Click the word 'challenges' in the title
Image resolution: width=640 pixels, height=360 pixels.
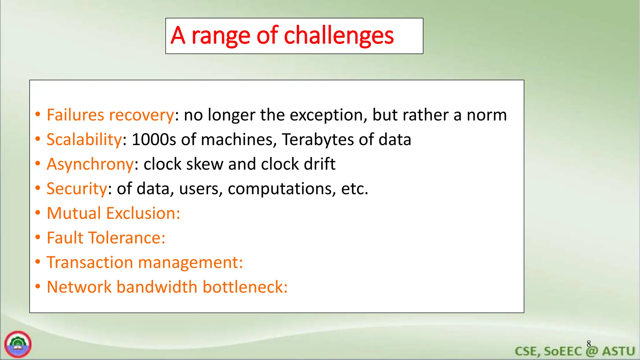339,36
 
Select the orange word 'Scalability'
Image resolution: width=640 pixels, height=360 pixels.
84,139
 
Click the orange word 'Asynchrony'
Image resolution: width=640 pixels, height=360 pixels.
90,164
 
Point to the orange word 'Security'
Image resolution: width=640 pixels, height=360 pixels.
77,189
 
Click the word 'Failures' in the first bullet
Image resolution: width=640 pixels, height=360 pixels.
75,115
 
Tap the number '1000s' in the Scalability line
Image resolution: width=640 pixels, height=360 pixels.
154,139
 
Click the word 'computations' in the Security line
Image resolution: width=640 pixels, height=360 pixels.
280,189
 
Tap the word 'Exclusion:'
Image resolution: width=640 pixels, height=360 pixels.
143,213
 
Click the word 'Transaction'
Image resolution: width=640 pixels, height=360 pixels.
90,262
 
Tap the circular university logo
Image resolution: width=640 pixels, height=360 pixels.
18,344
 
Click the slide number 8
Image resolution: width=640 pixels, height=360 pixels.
589,344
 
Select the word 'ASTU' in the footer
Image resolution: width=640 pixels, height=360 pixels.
618,351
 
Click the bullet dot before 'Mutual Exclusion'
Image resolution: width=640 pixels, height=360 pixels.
38,213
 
